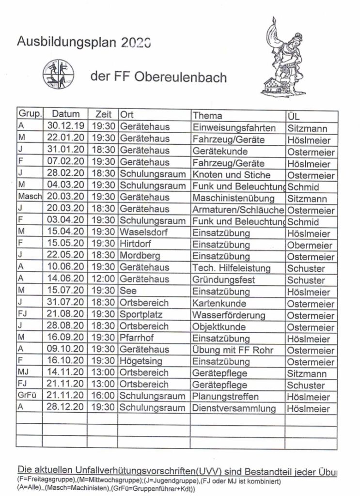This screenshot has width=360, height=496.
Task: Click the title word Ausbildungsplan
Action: pyautogui.click(x=67, y=42)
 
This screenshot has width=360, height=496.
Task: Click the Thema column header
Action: pyautogui.click(x=208, y=115)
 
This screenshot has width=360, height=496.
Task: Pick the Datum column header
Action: pyautogui.click(x=65, y=115)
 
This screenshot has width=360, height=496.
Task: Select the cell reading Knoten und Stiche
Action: pyautogui.click(x=231, y=174)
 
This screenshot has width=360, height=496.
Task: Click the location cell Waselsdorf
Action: pyautogui.click(x=144, y=232)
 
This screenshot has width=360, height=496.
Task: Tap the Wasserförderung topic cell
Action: pyautogui.click(x=229, y=315)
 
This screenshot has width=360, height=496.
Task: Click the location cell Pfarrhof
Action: pyautogui.click(x=138, y=338)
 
